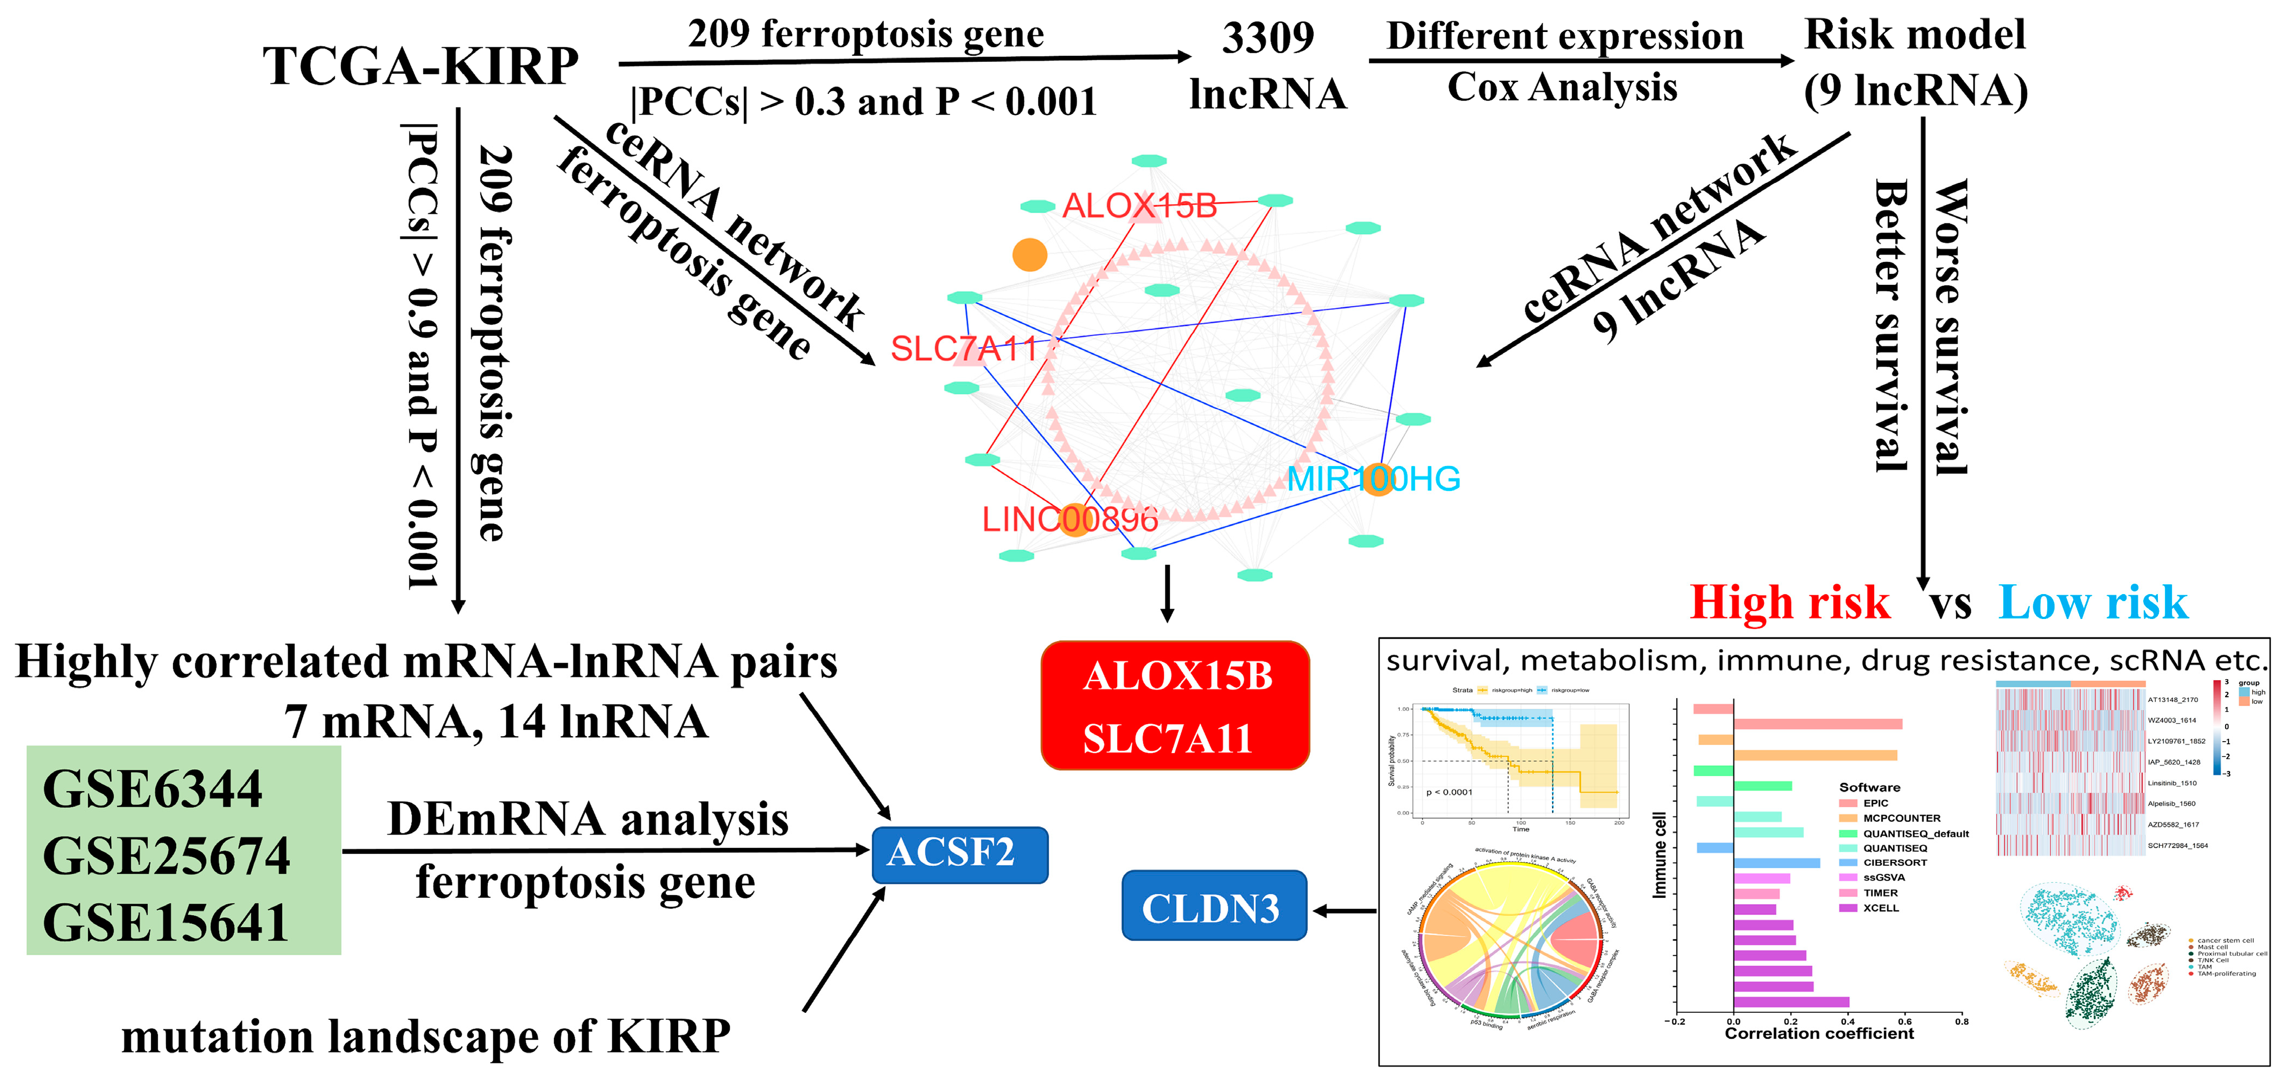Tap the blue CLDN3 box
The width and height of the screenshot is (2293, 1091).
1212,908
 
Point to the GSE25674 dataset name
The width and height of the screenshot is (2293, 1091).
167,855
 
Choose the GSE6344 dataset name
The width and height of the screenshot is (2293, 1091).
152,788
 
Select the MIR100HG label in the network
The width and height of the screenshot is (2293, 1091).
1373,478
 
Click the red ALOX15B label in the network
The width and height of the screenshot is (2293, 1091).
1139,206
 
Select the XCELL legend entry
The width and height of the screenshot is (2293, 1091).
1880,908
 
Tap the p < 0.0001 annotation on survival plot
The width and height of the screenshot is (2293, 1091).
1449,792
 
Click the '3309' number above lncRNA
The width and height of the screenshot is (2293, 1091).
1267,37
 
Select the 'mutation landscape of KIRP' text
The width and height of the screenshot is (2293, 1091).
425,1037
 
